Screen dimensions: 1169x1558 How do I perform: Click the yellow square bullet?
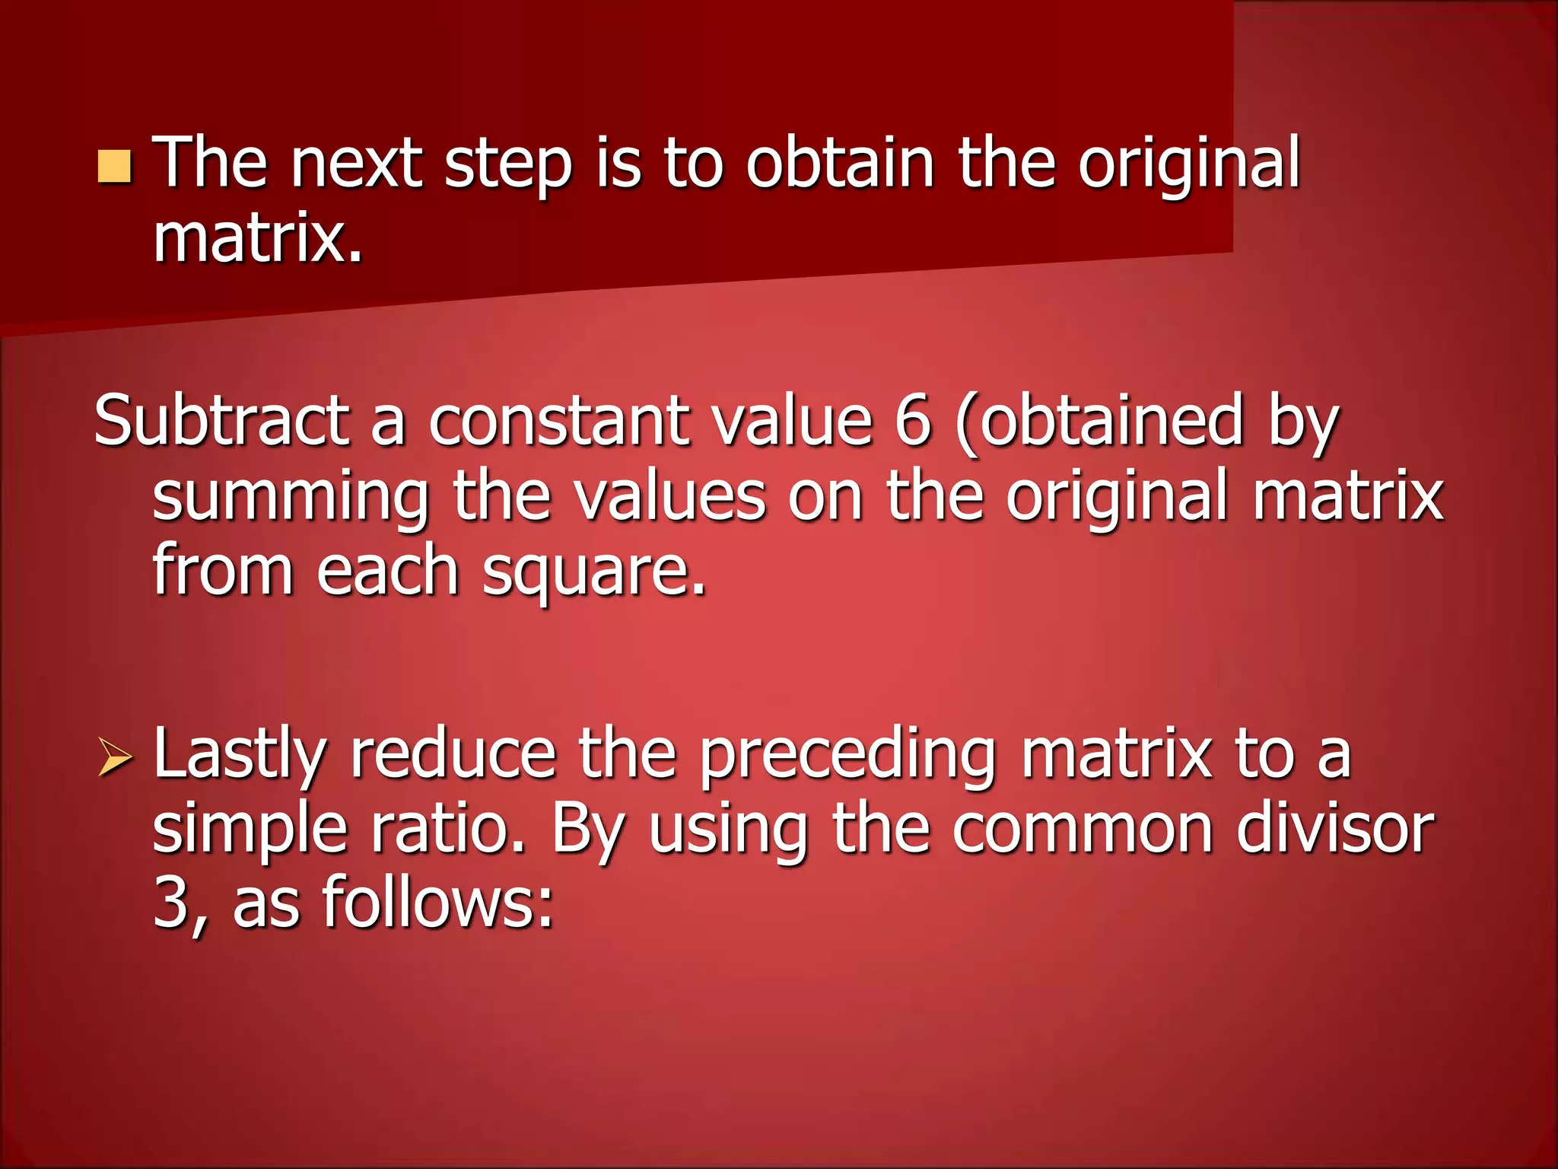(x=115, y=167)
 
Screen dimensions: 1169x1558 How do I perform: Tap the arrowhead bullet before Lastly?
(x=115, y=760)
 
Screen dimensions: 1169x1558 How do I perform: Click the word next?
(x=356, y=164)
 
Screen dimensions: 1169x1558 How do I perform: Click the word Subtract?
(x=221, y=421)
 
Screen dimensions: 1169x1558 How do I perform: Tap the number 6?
(x=912, y=421)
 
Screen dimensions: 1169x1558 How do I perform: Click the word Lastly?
(x=240, y=757)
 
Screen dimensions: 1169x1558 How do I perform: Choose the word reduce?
(x=453, y=755)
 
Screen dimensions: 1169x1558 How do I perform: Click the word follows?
(x=437, y=903)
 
